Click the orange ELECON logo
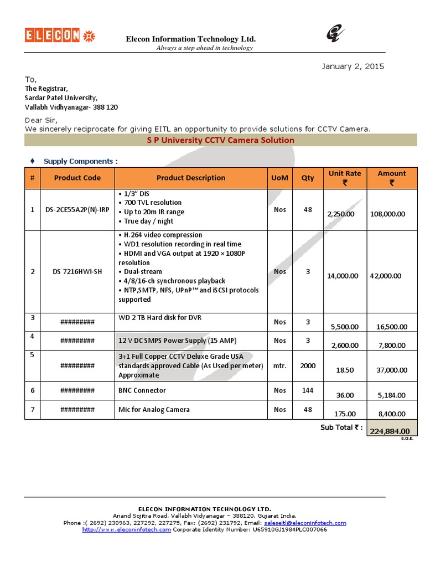(52, 36)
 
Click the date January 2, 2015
(353, 66)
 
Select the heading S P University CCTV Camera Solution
(220, 140)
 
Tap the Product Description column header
(191, 178)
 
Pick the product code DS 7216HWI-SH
(77, 271)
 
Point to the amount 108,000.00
(387, 214)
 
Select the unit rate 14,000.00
(343, 276)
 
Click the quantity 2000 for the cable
(308, 366)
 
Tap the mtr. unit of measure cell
(280, 366)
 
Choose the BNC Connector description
(142, 390)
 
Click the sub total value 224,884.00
(390, 431)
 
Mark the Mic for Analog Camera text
(154, 410)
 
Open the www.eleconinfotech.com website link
(127, 529)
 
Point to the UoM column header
(280, 178)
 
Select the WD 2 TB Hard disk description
(158, 318)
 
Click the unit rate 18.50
(345, 370)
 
